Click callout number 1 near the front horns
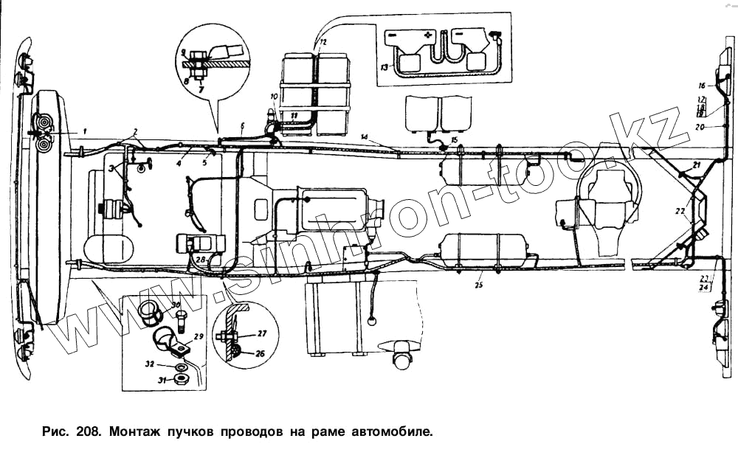[x=85, y=131]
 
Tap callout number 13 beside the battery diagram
[x=384, y=66]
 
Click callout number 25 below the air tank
[x=478, y=285]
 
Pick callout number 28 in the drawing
[x=200, y=259]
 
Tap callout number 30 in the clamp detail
[x=176, y=305]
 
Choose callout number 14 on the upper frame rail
[x=365, y=137]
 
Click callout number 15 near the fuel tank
[x=455, y=139]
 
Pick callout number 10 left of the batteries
[x=273, y=97]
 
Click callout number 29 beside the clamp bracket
[x=198, y=336]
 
